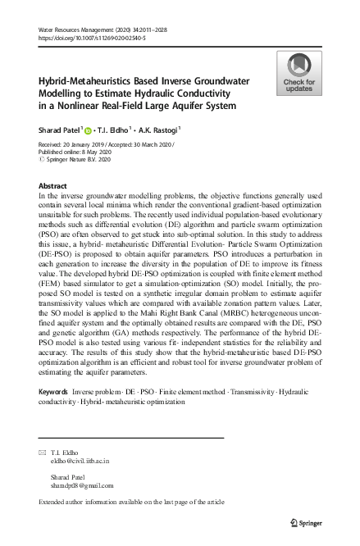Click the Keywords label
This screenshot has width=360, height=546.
(55, 393)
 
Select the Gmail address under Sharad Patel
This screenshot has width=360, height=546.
(81, 485)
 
